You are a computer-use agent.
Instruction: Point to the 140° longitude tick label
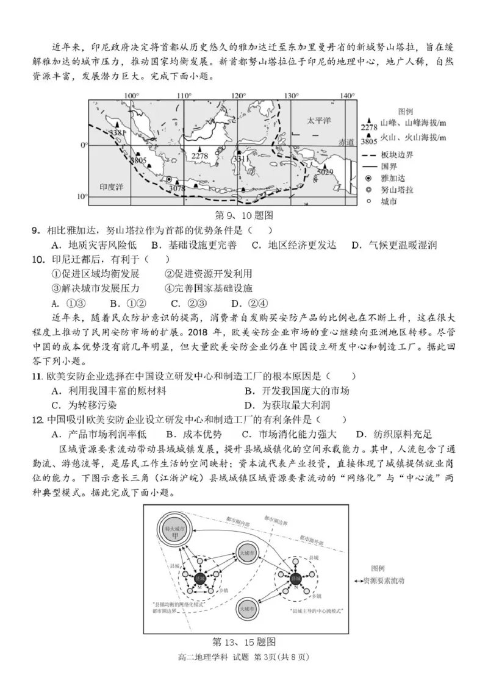[x=347, y=96]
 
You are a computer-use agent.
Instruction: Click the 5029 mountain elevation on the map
[x=326, y=172]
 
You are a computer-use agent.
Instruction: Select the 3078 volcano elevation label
[x=176, y=188]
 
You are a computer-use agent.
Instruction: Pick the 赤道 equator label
[x=346, y=141]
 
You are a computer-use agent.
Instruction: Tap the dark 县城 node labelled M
[x=200, y=578]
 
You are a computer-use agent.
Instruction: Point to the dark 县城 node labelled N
[x=295, y=577]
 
